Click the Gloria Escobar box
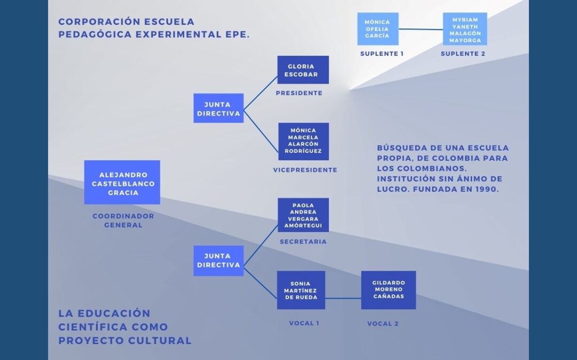tap(303, 70)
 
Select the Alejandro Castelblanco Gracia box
tap(122, 182)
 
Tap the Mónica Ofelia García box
tap(378, 29)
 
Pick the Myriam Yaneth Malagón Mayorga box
tap(465, 29)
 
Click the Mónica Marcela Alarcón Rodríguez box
tap(303, 141)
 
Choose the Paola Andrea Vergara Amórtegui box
tap(303, 215)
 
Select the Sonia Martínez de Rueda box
tap(301, 290)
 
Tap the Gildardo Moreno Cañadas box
tap(388, 290)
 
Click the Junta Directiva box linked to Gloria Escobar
tap(219, 108)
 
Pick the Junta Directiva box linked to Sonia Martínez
tap(219, 260)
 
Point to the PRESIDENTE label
tap(299, 93)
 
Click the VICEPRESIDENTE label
tap(305, 170)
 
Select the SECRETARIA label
tap(303, 242)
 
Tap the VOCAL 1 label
tap(304, 323)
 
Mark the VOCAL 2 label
tap(383, 324)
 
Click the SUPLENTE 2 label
tap(463, 54)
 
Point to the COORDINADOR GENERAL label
tap(123, 220)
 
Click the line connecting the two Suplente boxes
tap(420, 29)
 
